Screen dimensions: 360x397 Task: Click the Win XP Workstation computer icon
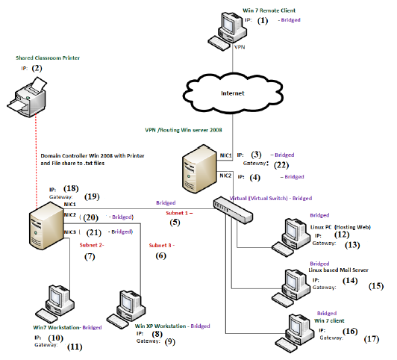click(x=120, y=304)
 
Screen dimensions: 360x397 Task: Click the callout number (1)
click(x=263, y=21)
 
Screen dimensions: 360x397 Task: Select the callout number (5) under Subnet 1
click(x=176, y=222)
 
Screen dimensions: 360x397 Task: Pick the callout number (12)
click(x=341, y=234)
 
